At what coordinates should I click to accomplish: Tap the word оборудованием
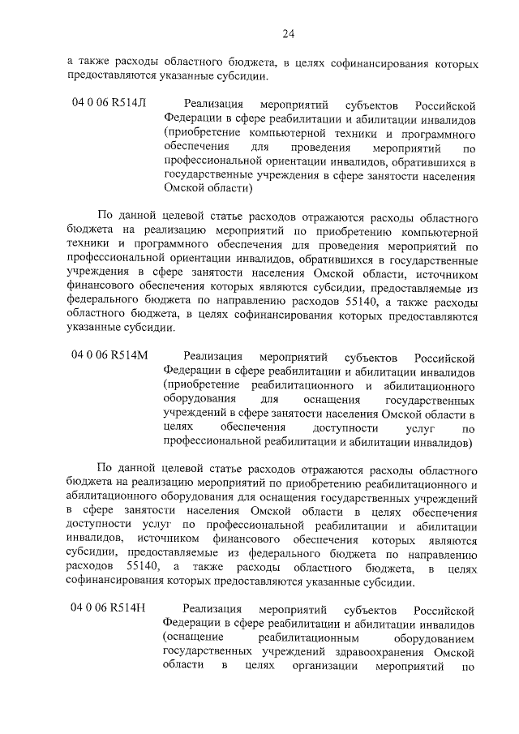click(436, 637)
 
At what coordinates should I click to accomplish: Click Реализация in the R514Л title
click(213, 104)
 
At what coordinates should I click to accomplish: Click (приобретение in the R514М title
click(201, 384)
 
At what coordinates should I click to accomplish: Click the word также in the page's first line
click(98, 62)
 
